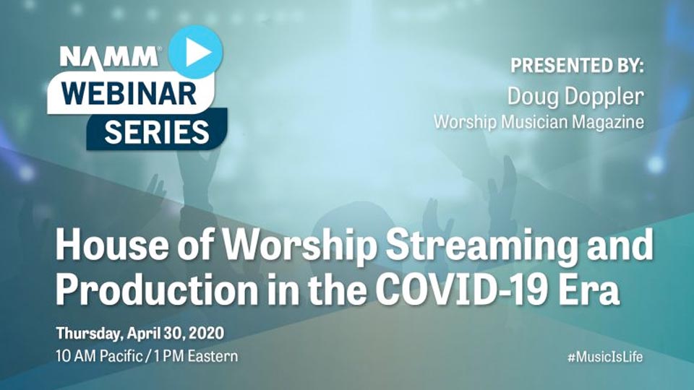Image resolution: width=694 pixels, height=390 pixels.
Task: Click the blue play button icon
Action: point(196,52)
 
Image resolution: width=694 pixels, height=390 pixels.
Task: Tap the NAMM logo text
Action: point(109,56)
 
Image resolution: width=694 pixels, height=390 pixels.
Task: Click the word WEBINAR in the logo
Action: point(129,93)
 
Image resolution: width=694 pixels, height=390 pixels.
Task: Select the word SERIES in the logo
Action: point(157,131)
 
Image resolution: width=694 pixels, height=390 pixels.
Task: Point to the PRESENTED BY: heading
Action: point(577,66)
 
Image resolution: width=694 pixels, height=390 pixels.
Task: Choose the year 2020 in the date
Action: point(206,333)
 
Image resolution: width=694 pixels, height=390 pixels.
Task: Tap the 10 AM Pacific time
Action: point(99,356)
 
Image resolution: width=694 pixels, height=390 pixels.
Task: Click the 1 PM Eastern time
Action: point(196,356)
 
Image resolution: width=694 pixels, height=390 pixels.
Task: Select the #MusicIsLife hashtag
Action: point(605,356)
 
